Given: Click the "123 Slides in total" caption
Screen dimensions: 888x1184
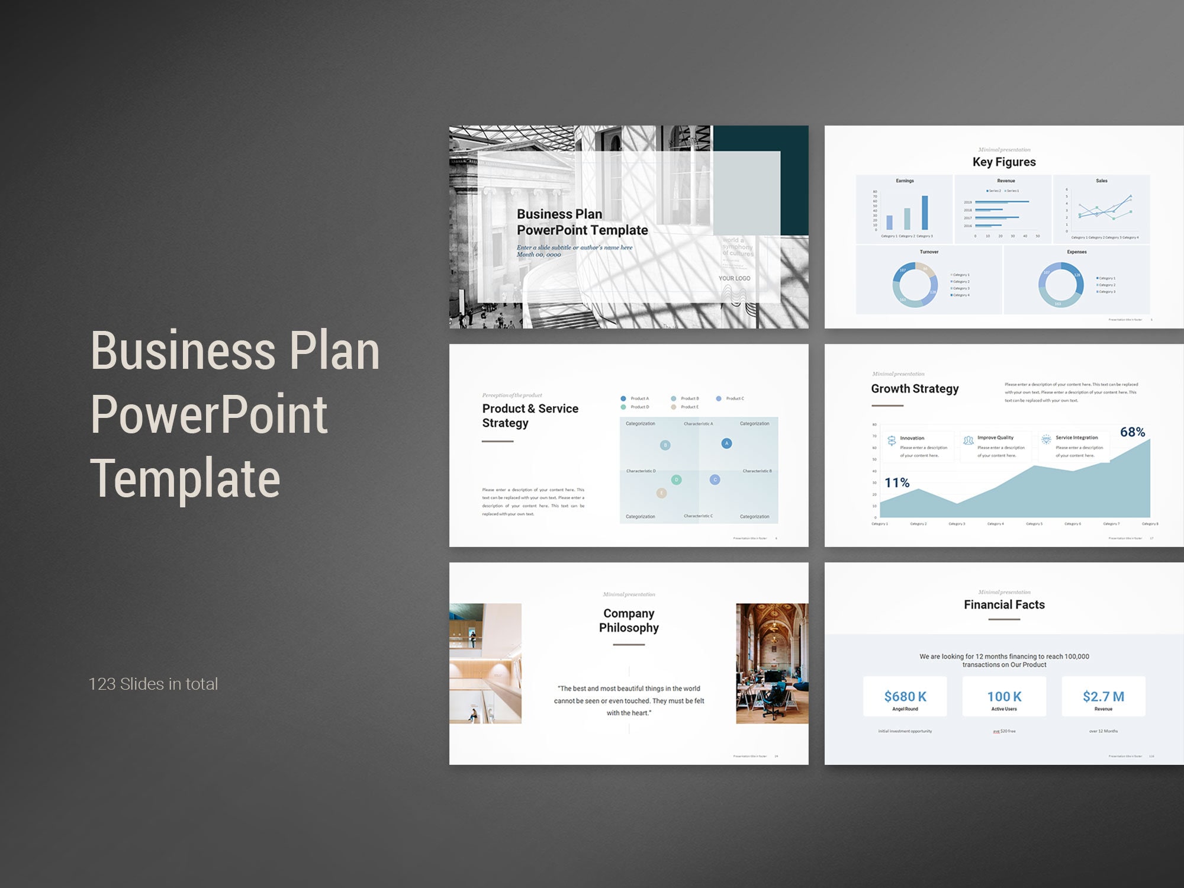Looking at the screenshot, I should click(x=153, y=684).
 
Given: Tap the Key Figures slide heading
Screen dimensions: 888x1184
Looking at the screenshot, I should click(x=1004, y=162).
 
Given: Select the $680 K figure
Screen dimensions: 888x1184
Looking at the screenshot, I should click(x=905, y=696).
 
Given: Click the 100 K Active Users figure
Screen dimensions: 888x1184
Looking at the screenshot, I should click(x=1004, y=696).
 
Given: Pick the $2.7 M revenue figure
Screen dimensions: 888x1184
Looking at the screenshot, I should click(x=1103, y=696).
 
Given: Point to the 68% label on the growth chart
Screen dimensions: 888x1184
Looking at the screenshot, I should click(x=1132, y=432).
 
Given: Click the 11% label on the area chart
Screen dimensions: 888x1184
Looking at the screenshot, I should click(x=897, y=482).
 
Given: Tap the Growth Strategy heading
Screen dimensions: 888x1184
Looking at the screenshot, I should click(x=915, y=388).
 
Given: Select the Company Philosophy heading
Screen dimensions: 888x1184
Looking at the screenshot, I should click(x=629, y=620).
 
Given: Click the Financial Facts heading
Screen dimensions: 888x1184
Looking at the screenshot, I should click(x=1004, y=604).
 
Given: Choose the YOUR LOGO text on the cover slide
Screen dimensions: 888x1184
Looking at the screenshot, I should click(x=734, y=278).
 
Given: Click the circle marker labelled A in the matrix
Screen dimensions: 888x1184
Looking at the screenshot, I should click(x=726, y=443).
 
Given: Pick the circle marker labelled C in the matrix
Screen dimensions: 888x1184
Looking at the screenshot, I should click(x=715, y=480).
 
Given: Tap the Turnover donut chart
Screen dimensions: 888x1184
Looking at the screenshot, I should click(x=915, y=285).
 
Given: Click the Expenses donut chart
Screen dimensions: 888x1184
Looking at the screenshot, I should click(x=1061, y=285).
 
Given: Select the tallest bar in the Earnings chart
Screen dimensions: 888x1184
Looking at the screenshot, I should click(x=925, y=213).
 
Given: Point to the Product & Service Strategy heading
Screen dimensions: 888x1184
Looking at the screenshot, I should click(x=530, y=416).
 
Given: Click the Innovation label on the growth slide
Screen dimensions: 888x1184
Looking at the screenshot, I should click(x=912, y=438).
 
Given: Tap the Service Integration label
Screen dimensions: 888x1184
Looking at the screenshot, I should click(x=1076, y=437).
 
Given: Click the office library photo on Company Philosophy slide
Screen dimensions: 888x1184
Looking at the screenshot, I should click(x=772, y=663).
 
